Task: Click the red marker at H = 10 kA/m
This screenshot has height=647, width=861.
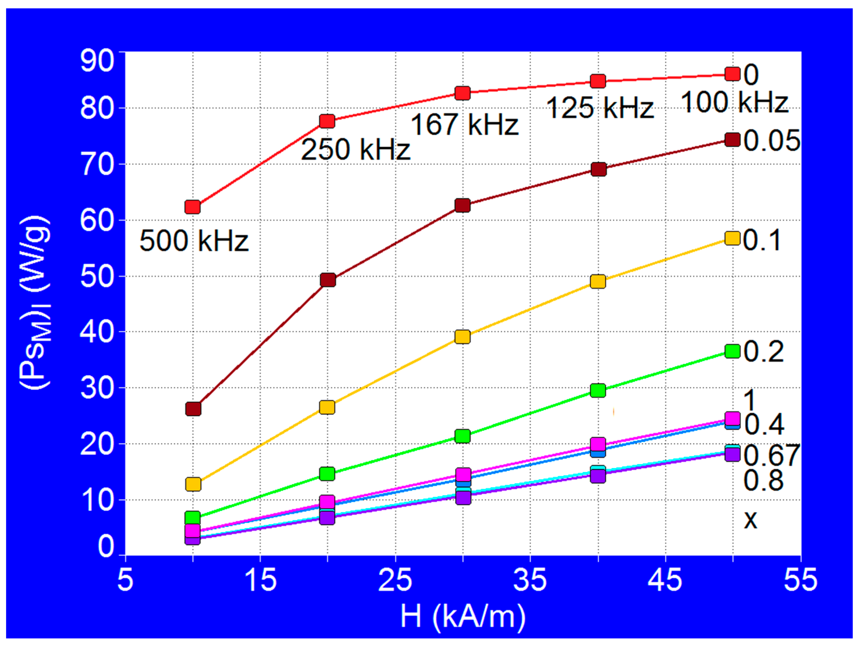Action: [193, 207]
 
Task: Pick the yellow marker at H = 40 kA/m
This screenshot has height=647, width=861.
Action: [598, 281]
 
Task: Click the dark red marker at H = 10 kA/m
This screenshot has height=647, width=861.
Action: [193, 409]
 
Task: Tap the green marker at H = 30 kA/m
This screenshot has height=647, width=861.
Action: [462, 436]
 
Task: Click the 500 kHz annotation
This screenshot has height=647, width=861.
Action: [194, 241]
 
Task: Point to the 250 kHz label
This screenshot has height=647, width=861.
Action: [355, 150]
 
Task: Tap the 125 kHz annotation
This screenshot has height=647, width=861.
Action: [600, 108]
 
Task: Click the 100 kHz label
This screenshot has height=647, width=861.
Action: [735, 102]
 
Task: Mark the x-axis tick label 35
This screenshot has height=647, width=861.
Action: [530, 580]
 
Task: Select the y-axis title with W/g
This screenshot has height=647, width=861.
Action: [35, 302]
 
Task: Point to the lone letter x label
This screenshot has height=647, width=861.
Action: [750, 519]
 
